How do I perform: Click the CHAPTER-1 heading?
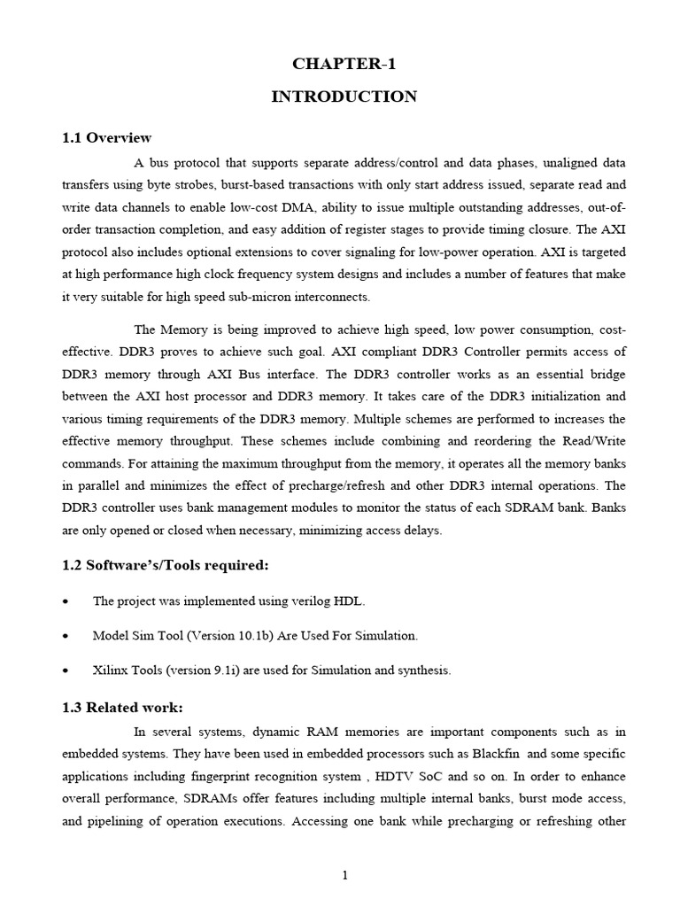point(344,63)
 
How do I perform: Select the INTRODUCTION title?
point(344,97)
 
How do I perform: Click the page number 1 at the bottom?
point(345,876)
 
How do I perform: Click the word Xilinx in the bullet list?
point(111,671)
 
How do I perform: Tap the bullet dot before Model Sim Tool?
point(66,637)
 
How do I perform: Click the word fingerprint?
point(224,776)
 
